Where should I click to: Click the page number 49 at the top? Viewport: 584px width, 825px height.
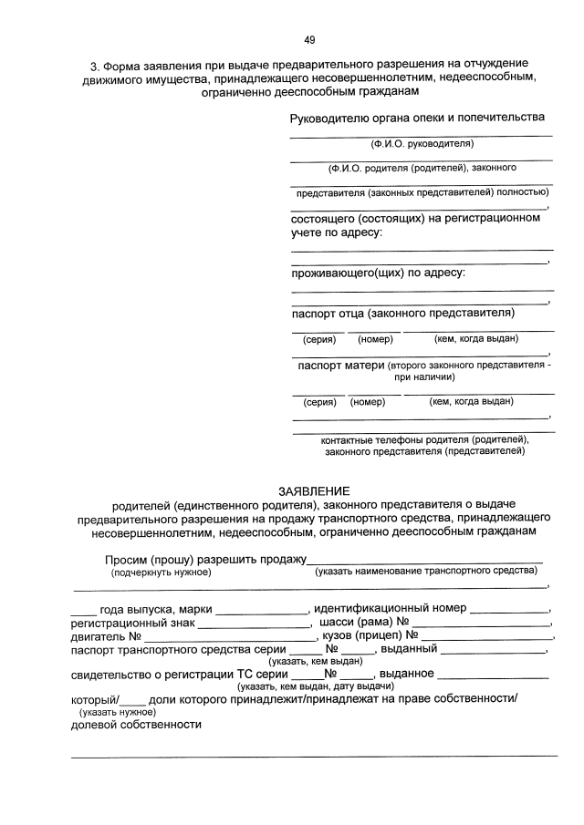(x=309, y=39)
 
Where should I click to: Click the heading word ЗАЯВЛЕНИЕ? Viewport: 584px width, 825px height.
(x=314, y=491)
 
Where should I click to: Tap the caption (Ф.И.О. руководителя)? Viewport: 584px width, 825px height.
(x=422, y=144)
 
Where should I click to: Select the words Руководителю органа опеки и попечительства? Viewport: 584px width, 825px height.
(x=417, y=118)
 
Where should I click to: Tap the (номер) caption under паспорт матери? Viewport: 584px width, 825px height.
(x=368, y=401)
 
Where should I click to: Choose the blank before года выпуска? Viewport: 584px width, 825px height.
(x=83, y=608)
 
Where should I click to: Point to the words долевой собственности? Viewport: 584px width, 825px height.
(x=136, y=725)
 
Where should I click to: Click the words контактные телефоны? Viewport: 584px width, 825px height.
(x=365, y=438)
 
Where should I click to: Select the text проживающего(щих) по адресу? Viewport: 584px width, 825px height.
(x=378, y=273)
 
